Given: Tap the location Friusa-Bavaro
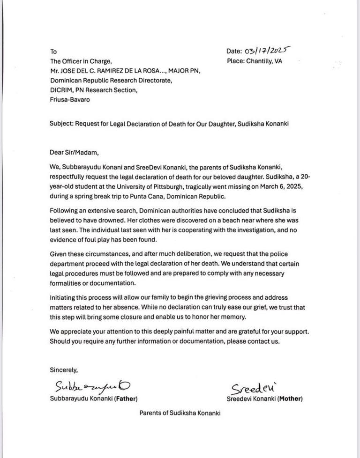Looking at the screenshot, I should point(71,100).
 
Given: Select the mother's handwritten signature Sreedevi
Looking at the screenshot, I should point(251,388).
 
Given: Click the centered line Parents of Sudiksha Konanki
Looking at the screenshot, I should point(180,413).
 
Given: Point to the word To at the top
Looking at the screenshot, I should point(53,52).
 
